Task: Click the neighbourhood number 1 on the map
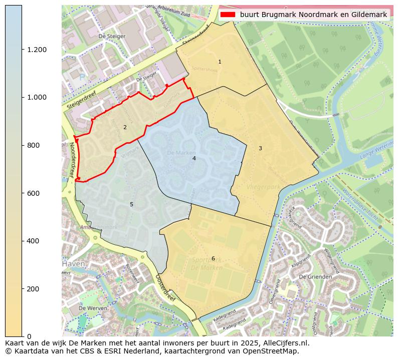coord(220,62)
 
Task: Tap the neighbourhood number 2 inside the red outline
coord(125,127)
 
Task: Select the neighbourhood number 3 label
coord(260,148)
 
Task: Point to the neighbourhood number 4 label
coord(194,158)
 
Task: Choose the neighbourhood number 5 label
coord(131,204)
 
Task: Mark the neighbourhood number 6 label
coord(213,258)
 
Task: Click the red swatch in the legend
coord(228,15)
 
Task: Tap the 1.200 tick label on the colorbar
coord(37,50)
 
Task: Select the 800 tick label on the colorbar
coord(34,145)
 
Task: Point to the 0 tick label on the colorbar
coord(29,336)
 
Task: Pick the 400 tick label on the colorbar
coord(34,241)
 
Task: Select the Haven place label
coord(73,264)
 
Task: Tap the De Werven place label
coord(93,308)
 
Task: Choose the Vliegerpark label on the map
coord(263,187)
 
